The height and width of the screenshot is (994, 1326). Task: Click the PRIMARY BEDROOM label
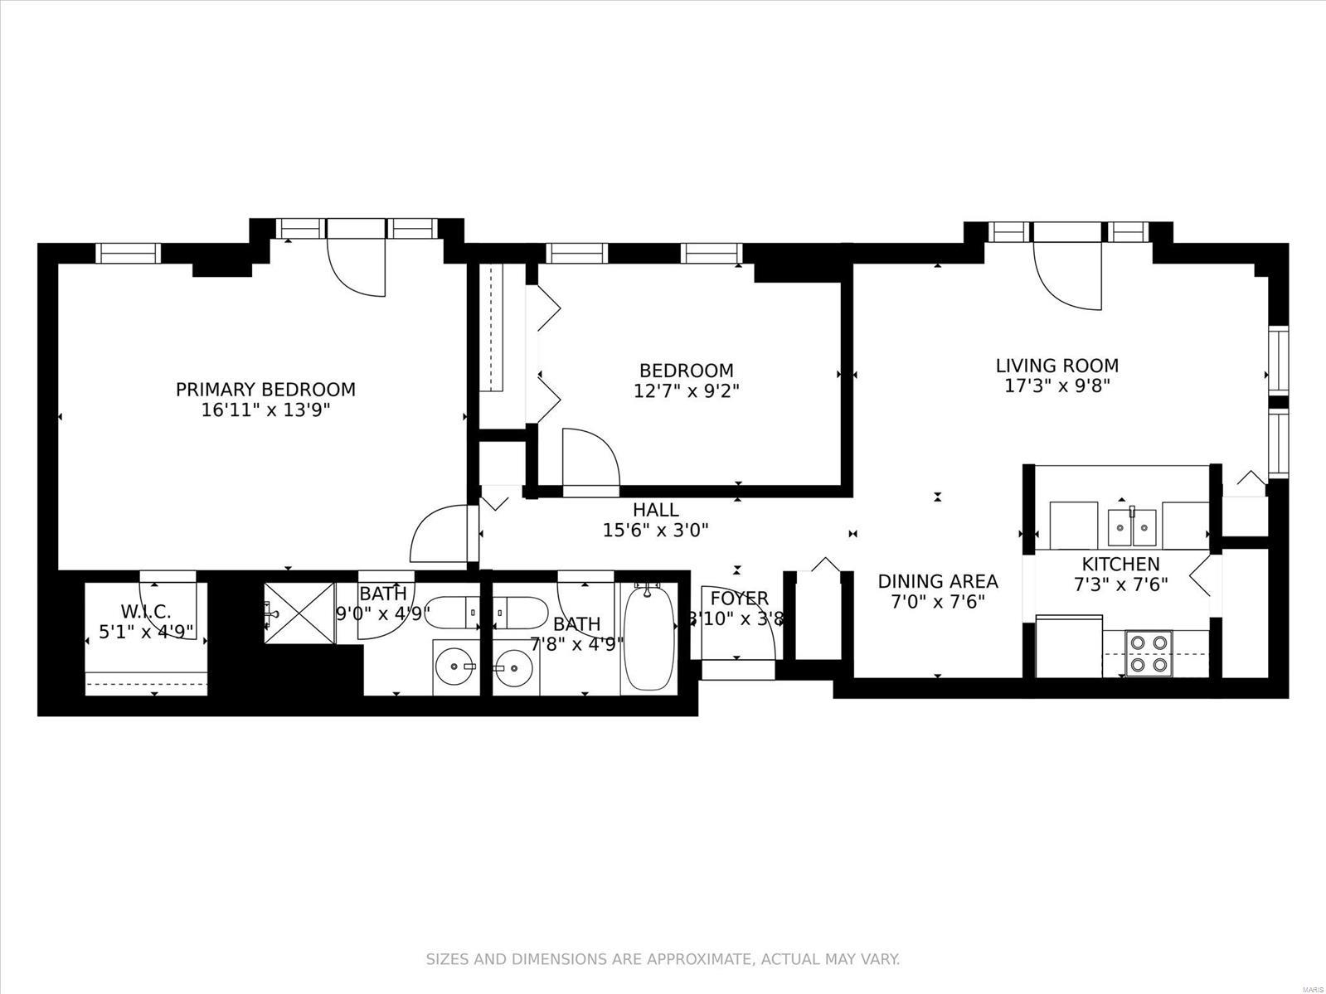(x=266, y=390)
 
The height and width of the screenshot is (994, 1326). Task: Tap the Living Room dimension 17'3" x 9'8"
(x=1057, y=385)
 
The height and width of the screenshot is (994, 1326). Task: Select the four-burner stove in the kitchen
(x=1149, y=653)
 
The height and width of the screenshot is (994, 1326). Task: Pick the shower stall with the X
(x=299, y=613)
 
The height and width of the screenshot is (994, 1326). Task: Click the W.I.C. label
(x=146, y=612)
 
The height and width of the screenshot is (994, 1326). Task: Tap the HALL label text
(x=655, y=510)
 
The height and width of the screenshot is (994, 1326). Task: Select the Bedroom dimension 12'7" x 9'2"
(x=687, y=391)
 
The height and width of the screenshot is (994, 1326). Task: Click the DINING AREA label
(x=938, y=581)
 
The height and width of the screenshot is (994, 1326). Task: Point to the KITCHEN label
(x=1120, y=564)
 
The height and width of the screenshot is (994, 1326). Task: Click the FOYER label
(x=740, y=599)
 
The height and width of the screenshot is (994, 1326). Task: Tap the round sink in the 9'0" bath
(x=457, y=667)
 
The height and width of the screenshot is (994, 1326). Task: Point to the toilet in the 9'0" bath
(x=452, y=613)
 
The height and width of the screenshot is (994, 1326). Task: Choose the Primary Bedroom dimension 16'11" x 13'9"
(x=266, y=410)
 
